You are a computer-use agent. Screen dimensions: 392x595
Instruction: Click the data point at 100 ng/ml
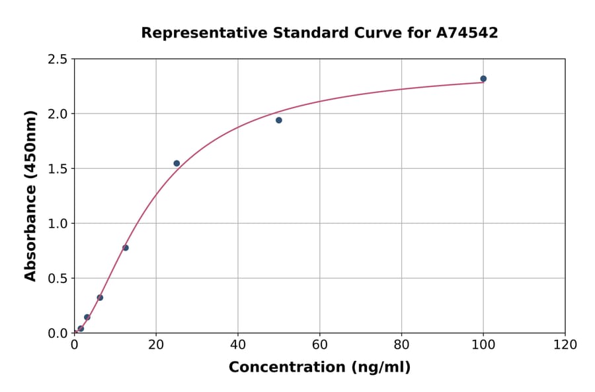point(483,79)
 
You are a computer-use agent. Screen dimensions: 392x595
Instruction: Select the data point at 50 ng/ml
point(279,120)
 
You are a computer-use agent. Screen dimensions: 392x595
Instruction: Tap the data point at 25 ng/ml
point(177,163)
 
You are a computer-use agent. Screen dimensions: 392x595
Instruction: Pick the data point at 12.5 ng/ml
point(126,247)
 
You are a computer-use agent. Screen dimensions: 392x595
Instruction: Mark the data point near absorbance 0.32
point(100,297)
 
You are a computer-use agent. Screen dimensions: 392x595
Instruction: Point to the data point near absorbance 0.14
point(87,317)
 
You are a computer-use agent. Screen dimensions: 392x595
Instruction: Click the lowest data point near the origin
point(81,328)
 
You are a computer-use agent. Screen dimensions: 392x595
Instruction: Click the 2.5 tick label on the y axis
point(58,59)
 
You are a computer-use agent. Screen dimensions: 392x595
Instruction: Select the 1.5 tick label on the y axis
point(58,169)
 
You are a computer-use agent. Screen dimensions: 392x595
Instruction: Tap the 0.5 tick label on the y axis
point(58,278)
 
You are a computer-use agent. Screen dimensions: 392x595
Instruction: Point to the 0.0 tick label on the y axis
point(58,333)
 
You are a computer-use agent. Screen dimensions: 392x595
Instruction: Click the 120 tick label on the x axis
point(565,345)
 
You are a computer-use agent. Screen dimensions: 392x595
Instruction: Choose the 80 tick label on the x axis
point(401,345)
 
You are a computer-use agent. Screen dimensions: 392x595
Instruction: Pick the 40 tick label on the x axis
point(238,345)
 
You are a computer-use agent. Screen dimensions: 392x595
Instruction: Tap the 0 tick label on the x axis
point(74,345)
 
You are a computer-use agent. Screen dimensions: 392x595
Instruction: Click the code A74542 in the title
point(466,32)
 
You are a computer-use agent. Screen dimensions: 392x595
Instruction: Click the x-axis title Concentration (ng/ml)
point(319,368)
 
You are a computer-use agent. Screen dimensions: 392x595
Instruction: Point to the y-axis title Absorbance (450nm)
point(30,196)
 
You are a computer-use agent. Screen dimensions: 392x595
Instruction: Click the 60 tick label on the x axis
point(319,345)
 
